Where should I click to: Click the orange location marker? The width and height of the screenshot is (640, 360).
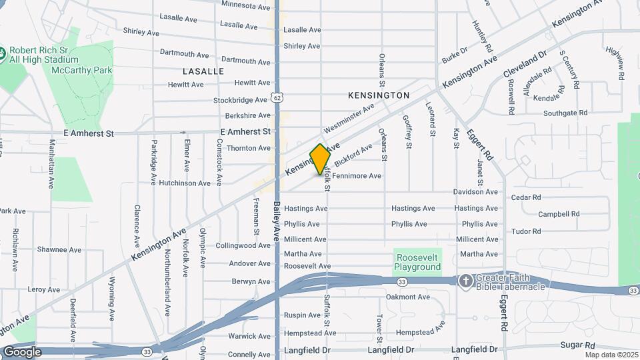point(320,159)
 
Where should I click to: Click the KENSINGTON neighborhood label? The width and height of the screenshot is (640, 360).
point(379,95)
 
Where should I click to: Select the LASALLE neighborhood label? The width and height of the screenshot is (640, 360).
point(203,71)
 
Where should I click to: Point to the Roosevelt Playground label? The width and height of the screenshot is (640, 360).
point(418,262)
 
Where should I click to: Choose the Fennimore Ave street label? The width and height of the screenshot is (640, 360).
point(357,176)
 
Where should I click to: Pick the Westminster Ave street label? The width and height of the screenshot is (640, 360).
point(349,118)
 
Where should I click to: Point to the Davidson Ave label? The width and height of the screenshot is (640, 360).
point(475,192)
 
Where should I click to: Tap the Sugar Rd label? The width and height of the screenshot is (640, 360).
point(577,345)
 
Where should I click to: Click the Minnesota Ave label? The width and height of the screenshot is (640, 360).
point(246,5)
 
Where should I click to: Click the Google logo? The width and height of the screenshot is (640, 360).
point(22,351)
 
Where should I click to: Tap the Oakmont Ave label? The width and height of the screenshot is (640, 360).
point(408,297)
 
